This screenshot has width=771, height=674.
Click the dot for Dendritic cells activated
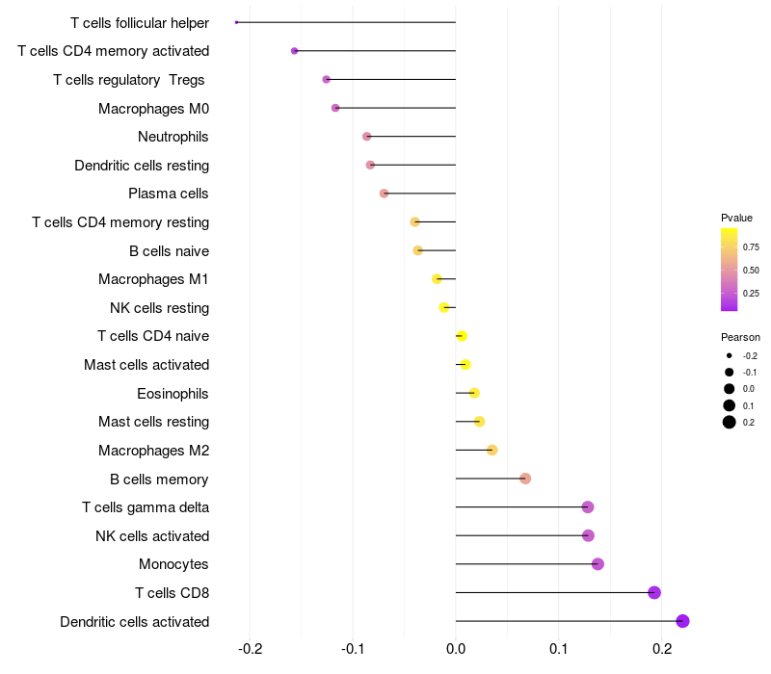point(683,621)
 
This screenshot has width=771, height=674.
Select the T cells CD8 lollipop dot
point(654,592)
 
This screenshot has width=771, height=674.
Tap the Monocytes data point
point(598,564)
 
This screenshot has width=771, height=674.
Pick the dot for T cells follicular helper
point(236,22)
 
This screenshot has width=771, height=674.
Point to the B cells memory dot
point(525,479)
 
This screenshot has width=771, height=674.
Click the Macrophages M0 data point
point(335,108)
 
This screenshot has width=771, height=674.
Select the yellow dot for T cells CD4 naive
point(462,336)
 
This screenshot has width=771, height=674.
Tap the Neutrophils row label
point(173,137)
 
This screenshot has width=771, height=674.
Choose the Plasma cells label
point(169,194)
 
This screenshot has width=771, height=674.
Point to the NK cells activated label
point(152,535)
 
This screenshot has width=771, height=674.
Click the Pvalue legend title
point(736,218)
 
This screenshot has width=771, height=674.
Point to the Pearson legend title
point(740,337)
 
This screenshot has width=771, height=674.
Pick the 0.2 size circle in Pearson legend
point(730,422)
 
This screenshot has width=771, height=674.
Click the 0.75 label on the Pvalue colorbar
point(751,246)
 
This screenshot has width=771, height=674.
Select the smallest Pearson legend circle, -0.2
point(730,355)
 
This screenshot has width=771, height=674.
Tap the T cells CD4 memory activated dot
point(295,51)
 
